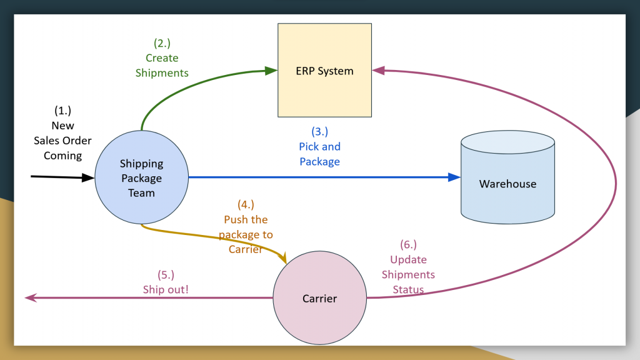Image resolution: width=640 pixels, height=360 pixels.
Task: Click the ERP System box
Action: (x=324, y=71)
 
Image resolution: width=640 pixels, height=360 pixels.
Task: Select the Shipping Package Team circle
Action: (x=141, y=178)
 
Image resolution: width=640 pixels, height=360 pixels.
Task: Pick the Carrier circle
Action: (x=319, y=298)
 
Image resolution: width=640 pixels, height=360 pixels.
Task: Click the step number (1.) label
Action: (x=62, y=111)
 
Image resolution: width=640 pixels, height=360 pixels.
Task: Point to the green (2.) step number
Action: (x=162, y=43)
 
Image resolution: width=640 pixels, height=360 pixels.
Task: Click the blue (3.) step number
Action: (x=319, y=131)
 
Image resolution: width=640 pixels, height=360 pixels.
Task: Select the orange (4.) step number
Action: (x=246, y=204)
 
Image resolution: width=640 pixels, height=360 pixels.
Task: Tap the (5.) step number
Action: (x=166, y=274)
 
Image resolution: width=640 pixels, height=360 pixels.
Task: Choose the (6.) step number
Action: (x=408, y=244)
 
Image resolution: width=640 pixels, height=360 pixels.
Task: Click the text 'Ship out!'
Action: (x=166, y=289)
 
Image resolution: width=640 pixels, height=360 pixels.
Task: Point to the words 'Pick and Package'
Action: (x=319, y=154)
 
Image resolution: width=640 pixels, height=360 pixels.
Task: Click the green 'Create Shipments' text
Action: (x=162, y=66)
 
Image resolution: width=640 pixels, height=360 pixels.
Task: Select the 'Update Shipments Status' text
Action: (x=408, y=274)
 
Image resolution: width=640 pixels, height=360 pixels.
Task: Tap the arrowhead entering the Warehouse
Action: (x=454, y=177)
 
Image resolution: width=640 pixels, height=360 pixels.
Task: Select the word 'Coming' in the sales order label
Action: (x=62, y=156)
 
